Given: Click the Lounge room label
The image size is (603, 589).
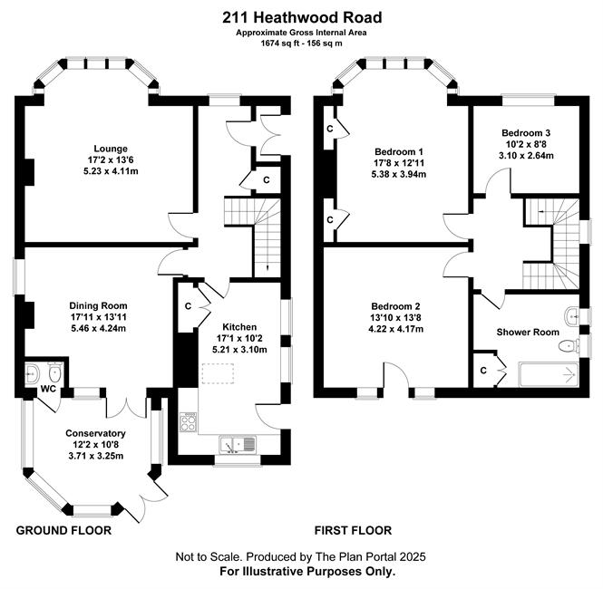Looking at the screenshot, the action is [111, 149].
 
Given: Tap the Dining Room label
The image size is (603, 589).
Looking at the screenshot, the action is [98, 306].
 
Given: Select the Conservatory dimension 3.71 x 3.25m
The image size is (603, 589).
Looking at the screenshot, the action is [95, 456].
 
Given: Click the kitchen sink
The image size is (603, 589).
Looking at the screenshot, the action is [238, 445].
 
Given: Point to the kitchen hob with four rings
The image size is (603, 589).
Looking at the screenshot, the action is [188, 422].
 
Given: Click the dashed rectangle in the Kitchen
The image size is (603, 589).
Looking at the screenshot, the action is [218, 373].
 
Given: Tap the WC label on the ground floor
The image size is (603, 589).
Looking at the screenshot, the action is [48, 389].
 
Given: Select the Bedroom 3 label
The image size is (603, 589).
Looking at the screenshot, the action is [526, 133].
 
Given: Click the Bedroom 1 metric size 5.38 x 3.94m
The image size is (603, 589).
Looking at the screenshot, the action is [398, 174].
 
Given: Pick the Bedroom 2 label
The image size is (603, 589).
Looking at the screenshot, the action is [395, 306].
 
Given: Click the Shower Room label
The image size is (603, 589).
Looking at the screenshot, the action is [528, 333].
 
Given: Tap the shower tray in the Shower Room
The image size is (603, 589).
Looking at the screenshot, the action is [548, 374].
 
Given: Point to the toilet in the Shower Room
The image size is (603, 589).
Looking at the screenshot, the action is [569, 346].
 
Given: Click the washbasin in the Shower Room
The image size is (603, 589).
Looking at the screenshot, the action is [572, 316].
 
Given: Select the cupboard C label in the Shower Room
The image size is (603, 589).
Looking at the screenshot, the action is [483, 371].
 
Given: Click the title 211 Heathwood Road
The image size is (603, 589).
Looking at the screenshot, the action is [302, 18].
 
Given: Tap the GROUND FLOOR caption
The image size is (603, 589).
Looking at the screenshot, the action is [63, 531].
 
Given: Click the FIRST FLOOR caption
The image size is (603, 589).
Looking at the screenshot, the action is [353, 531].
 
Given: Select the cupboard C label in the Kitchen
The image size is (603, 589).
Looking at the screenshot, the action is [188, 306].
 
